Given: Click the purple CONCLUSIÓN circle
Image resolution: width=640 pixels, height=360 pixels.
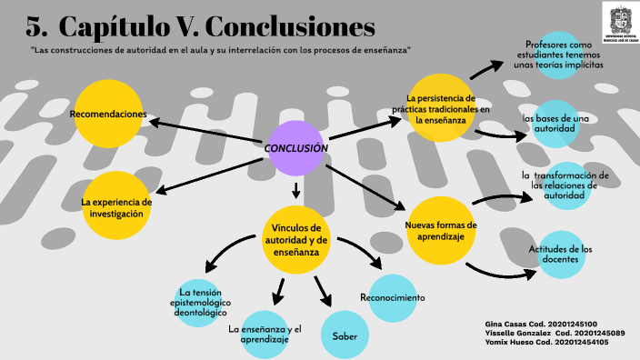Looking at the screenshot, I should [x=296, y=148].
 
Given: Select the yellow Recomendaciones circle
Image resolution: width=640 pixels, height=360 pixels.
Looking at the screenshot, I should [x=108, y=114].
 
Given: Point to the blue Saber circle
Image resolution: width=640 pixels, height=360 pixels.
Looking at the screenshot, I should [x=345, y=335].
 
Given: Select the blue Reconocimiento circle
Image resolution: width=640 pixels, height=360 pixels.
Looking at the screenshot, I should [x=393, y=298].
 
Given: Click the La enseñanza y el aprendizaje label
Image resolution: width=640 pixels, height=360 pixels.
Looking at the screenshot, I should [x=265, y=334].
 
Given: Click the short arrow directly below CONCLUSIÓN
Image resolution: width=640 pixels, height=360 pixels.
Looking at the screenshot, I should [x=295, y=189].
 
